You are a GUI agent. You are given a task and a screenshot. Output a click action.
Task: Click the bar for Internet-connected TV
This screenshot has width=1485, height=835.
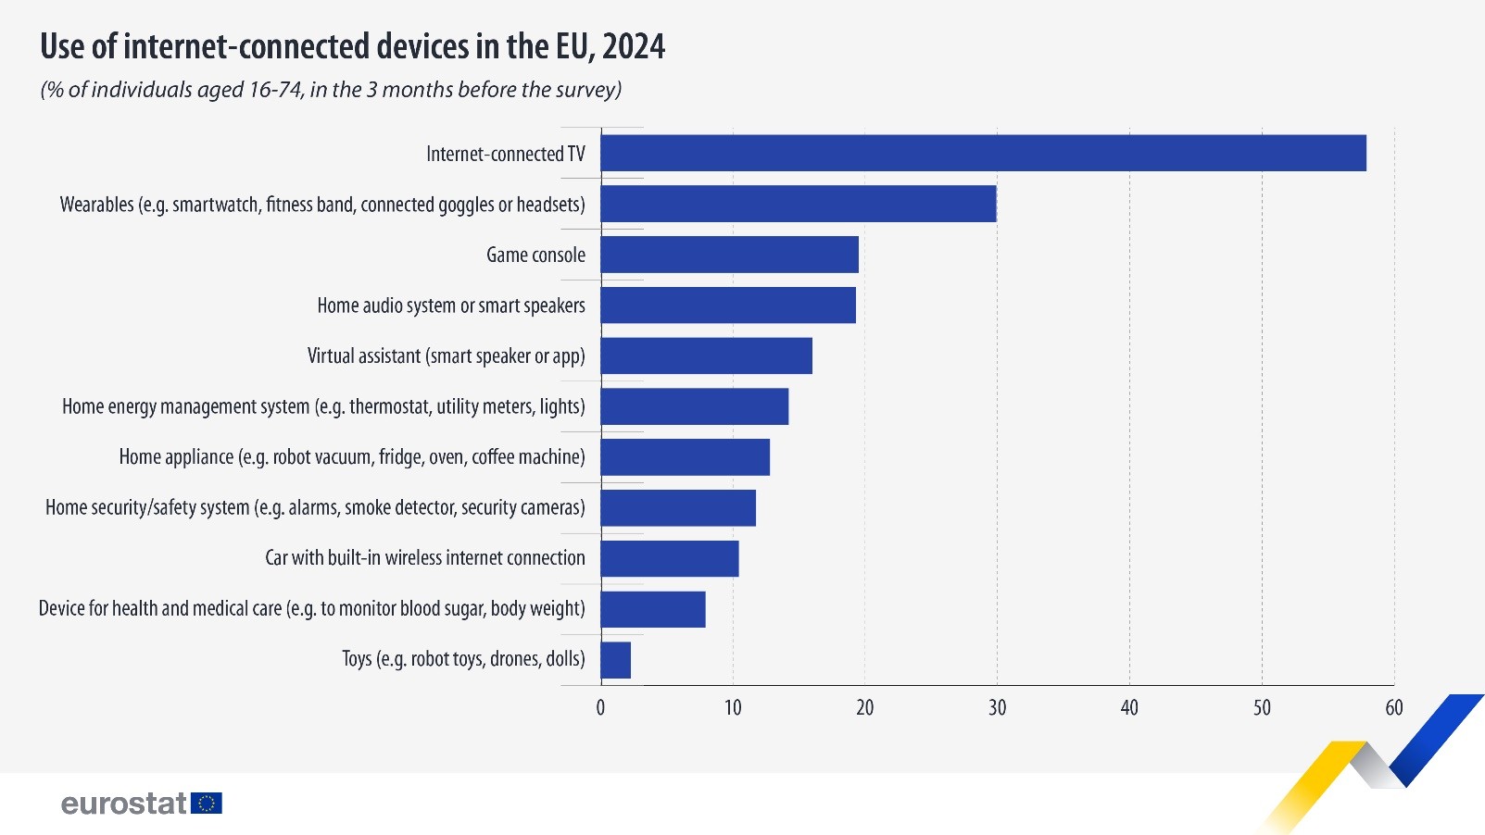point(983,153)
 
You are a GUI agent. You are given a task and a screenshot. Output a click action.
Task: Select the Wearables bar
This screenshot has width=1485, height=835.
point(798,204)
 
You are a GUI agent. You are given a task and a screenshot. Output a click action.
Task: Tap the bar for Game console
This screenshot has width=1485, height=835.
point(729,255)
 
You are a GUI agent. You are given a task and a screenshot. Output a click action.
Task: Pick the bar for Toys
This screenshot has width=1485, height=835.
point(615,660)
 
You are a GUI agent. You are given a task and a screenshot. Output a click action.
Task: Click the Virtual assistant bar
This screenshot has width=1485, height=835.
point(706,355)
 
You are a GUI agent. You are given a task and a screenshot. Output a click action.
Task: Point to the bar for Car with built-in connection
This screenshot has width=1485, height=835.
point(669,558)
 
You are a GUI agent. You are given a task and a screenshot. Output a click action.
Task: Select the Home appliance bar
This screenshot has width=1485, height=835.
point(685,457)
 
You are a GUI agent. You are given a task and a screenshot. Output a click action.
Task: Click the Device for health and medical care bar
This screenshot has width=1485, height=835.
point(652,609)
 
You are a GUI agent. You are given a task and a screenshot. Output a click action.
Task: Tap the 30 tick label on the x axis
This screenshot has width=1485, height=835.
point(997,708)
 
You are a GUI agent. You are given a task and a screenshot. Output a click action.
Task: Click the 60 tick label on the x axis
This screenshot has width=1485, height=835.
point(1393,708)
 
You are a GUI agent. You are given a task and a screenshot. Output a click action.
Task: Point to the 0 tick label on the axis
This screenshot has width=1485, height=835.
point(600,708)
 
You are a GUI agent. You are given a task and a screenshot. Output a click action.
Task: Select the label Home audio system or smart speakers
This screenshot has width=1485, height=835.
point(451,305)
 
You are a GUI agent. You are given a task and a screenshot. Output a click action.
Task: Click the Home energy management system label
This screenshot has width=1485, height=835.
point(323,406)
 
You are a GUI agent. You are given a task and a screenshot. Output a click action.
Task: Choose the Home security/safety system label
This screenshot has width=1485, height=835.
point(315,507)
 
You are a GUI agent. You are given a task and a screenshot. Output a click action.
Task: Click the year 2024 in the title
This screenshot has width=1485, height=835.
point(634,46)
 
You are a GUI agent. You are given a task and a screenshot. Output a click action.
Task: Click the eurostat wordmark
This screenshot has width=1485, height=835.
point(124,803)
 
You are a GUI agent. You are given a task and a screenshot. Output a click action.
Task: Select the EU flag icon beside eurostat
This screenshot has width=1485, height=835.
point(207,803)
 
